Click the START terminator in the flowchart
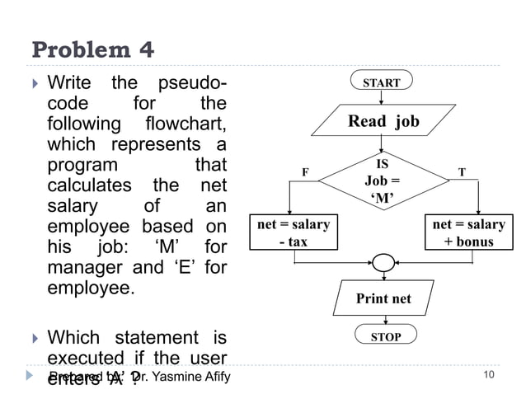(x=382, y=82)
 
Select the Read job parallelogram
(x=383, y=122)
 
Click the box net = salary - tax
(x=294, y=232)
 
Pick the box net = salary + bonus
(x=468, y=232)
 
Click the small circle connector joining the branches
(x=383, y=262)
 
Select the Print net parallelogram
(x=383, y=298)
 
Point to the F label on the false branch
(x=304, y=172)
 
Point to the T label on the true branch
(x=462, y=172)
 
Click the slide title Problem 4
(x=92, y=50)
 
